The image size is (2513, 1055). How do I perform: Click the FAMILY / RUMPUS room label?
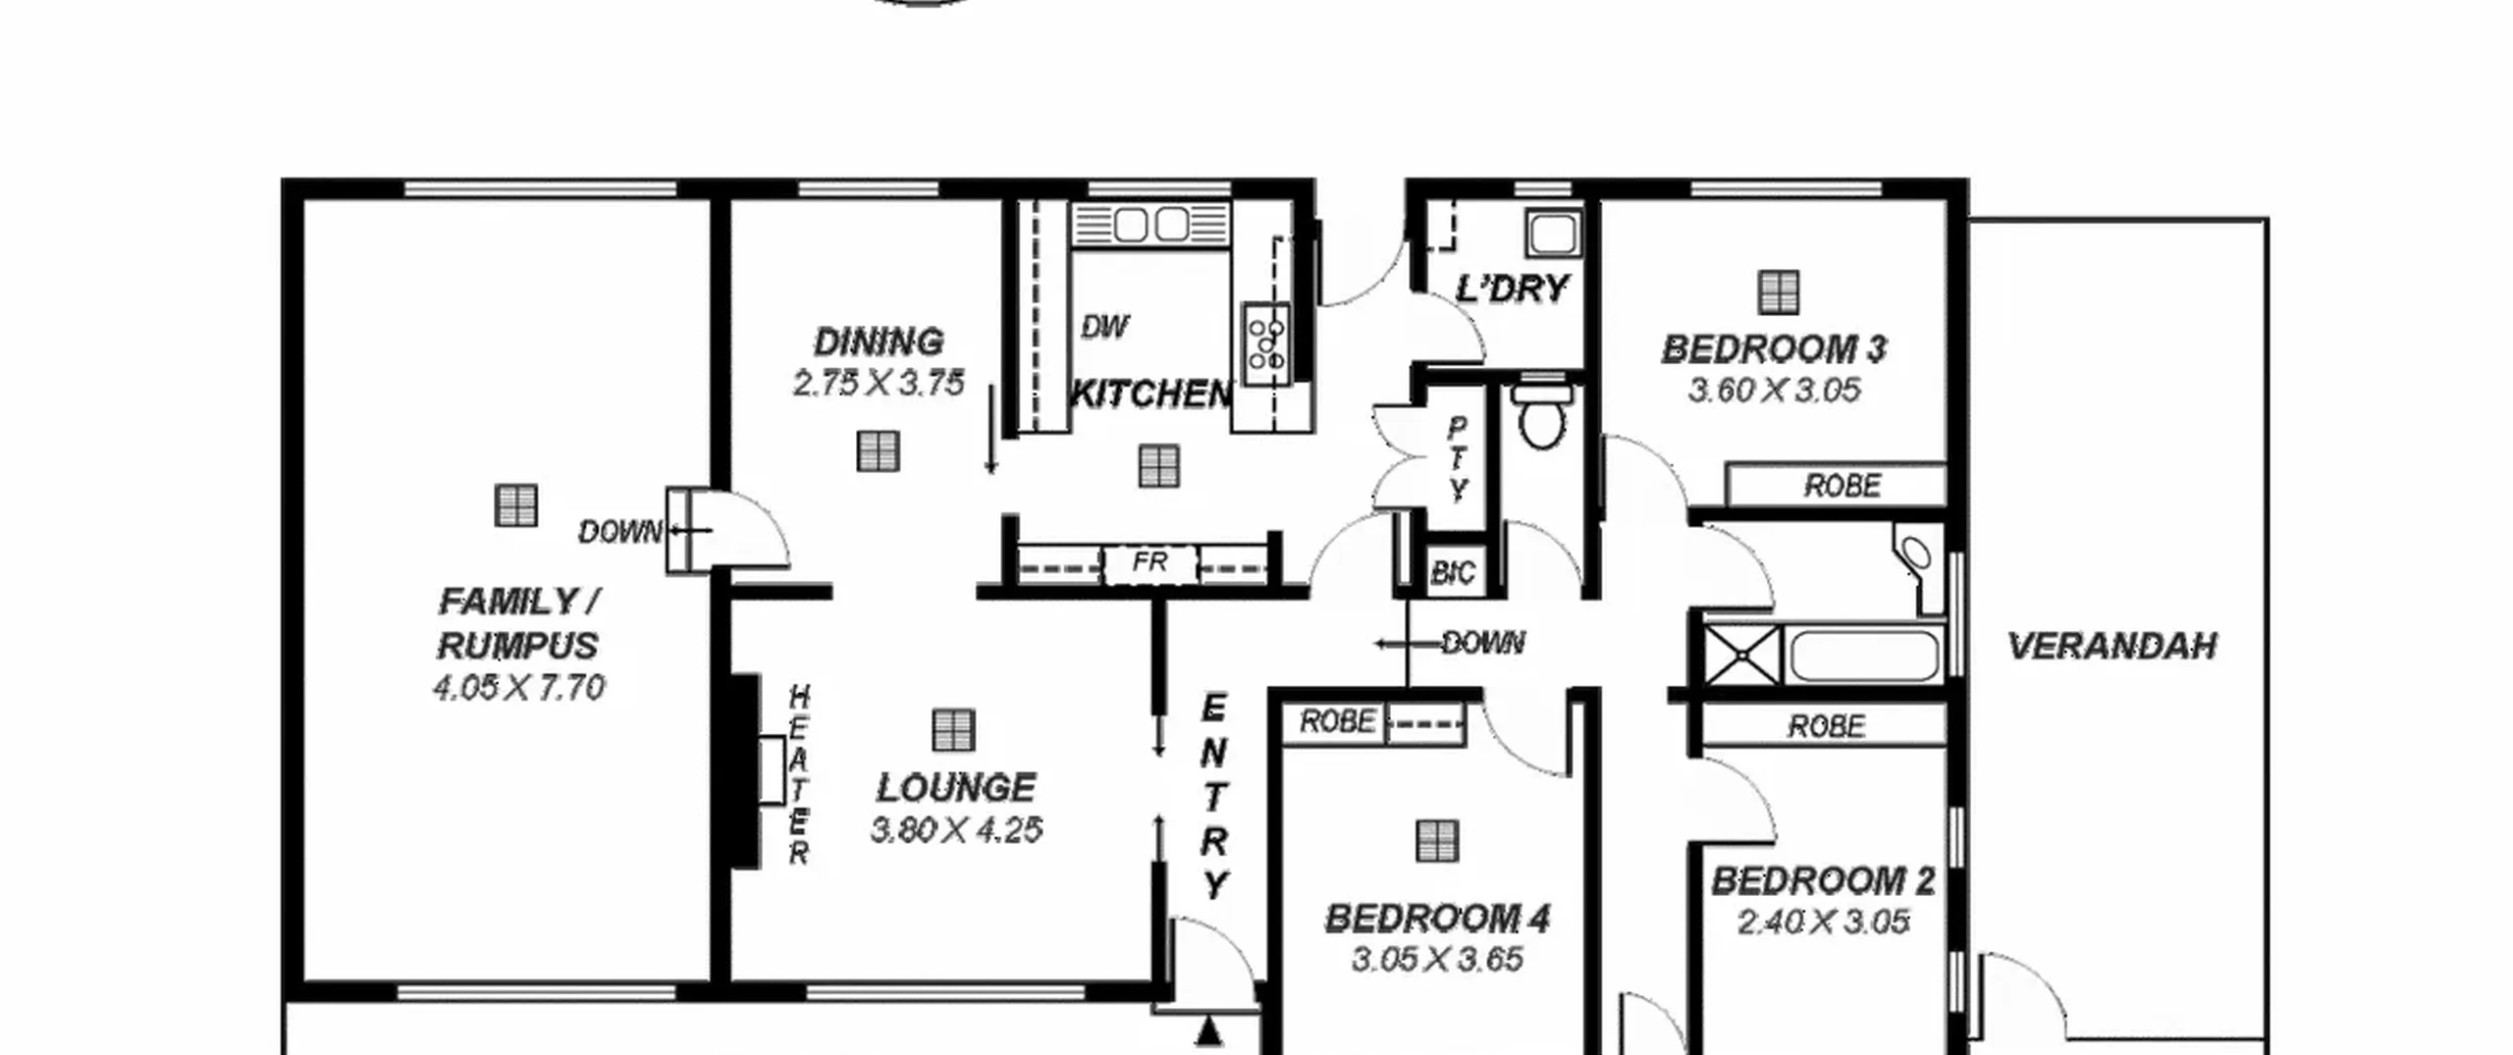518,623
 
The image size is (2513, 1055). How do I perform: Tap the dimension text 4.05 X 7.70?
518,687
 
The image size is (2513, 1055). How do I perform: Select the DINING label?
879,342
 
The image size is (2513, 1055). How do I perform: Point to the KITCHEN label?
1150,394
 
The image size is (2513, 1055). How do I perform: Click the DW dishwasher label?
1104,327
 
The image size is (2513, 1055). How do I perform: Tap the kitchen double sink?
1150,225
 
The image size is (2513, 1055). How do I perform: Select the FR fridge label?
1150,562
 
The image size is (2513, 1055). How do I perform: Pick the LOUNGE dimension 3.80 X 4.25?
956,830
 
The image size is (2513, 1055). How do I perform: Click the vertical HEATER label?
799,775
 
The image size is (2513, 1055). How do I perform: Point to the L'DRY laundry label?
1512,289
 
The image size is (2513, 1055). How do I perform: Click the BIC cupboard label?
1453,572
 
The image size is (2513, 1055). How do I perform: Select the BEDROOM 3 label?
1774,349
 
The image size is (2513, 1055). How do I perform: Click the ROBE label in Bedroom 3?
1842,486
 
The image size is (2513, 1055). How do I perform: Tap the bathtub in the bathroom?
1864,656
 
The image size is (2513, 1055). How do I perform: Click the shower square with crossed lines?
1741,655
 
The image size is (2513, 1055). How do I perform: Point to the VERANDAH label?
2112,646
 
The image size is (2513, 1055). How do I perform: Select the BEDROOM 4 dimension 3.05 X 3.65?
1437,959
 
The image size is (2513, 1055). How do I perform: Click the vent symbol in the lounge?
952,730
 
